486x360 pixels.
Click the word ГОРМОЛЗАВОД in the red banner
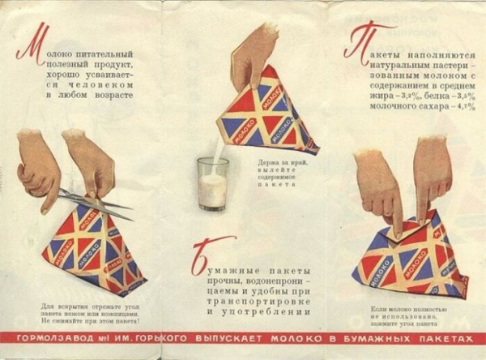coord(48,337)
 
